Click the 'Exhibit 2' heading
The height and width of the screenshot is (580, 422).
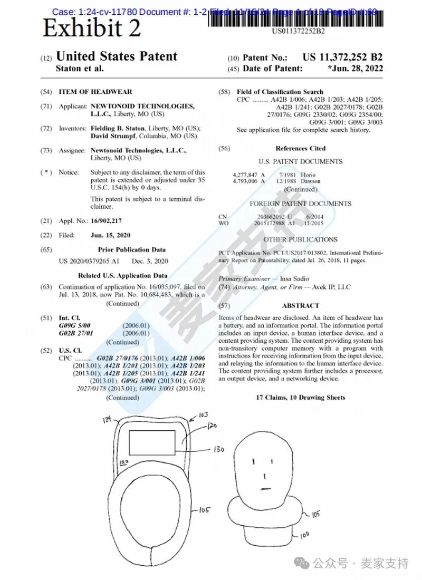[91, 27]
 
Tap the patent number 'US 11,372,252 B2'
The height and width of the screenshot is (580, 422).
[342, 57]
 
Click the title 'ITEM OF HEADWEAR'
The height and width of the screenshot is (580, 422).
[95, 92]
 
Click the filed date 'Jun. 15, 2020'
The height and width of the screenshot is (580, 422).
[110, 235]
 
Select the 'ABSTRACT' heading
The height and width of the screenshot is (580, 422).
[301, 305]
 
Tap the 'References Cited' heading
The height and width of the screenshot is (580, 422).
[301, 149]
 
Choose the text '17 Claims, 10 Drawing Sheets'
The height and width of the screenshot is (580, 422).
[301, 397]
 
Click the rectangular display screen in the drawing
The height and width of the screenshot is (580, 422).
[152, 442]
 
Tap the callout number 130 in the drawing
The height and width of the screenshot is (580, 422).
[218, 450]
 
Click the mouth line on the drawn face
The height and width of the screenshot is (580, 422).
[266, 487]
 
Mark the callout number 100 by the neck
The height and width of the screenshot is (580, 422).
[304, 535]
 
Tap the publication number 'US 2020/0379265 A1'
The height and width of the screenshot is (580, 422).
[89, 261]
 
